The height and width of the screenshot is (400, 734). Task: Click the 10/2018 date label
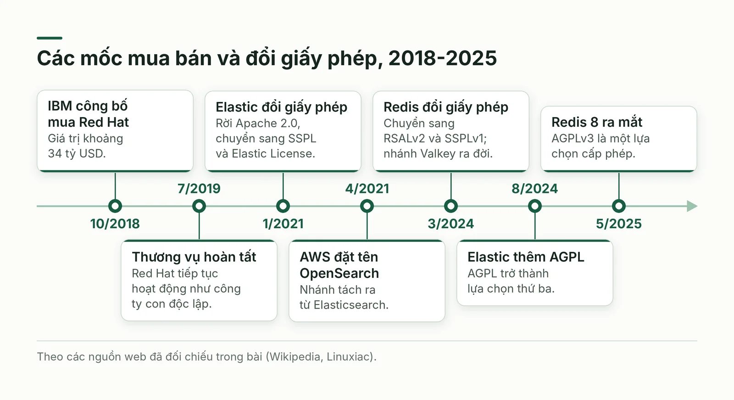click(x=115, y=224)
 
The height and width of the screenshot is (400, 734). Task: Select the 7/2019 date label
click(x=199, y=189)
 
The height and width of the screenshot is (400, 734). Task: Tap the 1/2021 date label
click(x=283, y=224)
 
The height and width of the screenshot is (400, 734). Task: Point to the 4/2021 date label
click(x=367, y=189)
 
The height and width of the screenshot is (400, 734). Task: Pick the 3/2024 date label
click(x=451, y=224)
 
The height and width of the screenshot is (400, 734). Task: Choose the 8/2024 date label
click(x=535, y=189)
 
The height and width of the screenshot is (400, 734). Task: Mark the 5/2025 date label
click(x=619, y=224)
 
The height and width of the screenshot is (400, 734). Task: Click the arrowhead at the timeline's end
click(x=692, y=206)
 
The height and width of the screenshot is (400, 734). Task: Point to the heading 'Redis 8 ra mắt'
click(x=597, y=122)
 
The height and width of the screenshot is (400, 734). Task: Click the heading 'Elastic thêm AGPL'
click(x=526, y=257)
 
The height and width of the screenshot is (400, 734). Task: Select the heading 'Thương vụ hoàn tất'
click(x=194, y=257)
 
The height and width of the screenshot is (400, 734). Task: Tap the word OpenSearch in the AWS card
click(x=339, y=273)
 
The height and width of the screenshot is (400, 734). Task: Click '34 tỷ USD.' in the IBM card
click(x=77, y=153)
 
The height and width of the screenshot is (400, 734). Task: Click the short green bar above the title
click(x=50, y=38)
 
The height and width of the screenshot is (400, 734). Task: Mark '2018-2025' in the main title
click(x=442, y=58)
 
